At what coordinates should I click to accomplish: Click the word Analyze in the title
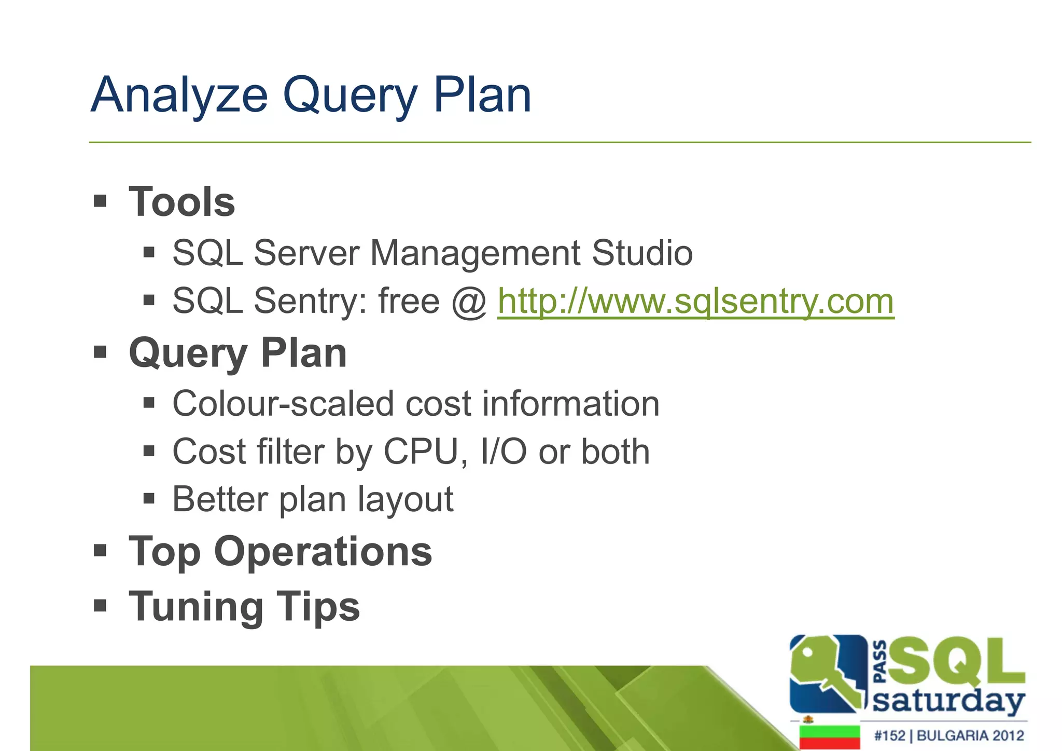pyautogui.click(x=179, y=95)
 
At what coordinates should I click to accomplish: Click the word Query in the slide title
pyautogui.click(x=350, y=96)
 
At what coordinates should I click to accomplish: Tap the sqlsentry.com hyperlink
pyautogui.click(x=695, y=301)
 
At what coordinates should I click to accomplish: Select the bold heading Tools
pyautogui.click(x=182, y=202)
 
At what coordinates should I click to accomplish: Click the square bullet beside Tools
pyautogui.click(x=100, y=201)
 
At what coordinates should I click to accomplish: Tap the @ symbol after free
pyautogui.click(x=469, y=302)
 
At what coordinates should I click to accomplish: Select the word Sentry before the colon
pyautogui.click(x=310, y=301)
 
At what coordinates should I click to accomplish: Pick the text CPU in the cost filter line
pyautogui.click(x=421, y=452)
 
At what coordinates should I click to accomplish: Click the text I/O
pyautogui.click(x=504, y=452)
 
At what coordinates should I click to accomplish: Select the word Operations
pyautogui.click(x=323, y=551)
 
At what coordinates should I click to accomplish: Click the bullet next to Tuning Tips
pyautogui.click(x=100, y=605)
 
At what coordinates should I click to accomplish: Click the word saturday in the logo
pyautogui.click(x=948, y=702)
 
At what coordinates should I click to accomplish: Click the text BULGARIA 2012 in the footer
pyautogui.click(x=970, y=735)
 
